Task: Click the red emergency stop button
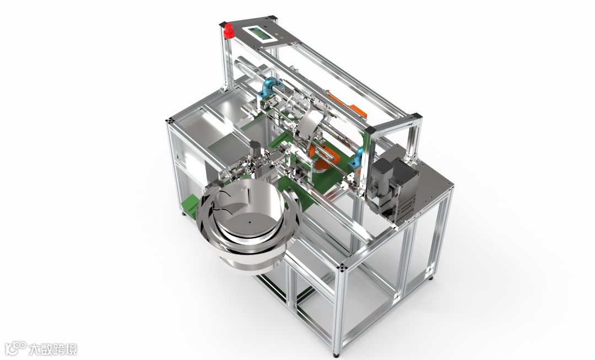pos(228,31)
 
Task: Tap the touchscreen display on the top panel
pos(260,34)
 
